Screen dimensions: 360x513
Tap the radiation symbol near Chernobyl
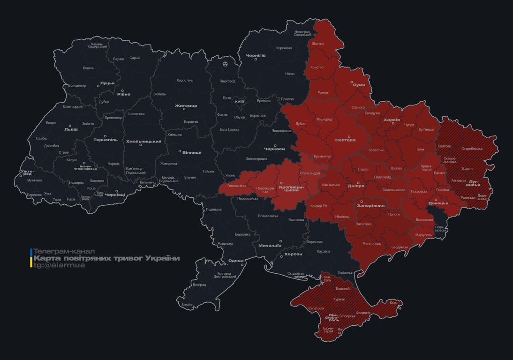pos(226,64)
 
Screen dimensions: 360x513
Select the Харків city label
pos(392,120)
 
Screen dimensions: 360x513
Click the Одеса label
pos(235,261)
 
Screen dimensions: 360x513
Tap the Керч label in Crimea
pos(393,303)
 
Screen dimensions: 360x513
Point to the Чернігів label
pos(256,55)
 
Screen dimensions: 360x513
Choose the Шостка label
pos(317,44)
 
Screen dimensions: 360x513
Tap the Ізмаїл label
pos(187,304)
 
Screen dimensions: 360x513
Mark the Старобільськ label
pos(472,149)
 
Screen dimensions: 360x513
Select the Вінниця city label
pos(192,152)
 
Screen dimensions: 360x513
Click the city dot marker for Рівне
pos(123,91)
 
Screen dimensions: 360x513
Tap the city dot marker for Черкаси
pos(275,145)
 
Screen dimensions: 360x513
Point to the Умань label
pos(230,175)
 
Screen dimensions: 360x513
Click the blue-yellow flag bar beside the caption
pos(31,258)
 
